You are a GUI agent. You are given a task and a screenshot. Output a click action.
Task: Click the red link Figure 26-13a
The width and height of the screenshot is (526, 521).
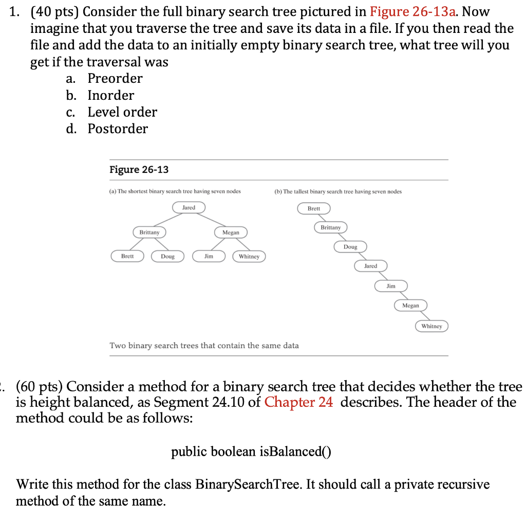click(415, 12)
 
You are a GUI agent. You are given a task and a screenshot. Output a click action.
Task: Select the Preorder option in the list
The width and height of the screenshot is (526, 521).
click(115, 78)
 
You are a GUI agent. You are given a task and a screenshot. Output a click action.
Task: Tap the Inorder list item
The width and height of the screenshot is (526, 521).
click(110, 95)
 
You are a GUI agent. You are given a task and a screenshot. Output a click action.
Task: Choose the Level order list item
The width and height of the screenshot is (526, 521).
click(122, 112)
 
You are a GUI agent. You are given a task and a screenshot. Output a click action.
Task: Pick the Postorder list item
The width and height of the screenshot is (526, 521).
click(118, 129)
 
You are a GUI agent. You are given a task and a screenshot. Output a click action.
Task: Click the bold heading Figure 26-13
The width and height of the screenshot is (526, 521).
click(139, 170)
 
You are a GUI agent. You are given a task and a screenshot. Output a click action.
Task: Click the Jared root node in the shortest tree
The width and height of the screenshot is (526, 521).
click(189, 207)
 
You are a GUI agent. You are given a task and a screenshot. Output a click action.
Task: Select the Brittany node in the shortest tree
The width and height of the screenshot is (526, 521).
click(149, 232)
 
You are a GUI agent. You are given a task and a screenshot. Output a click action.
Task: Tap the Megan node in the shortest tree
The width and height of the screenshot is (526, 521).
click(231, 232)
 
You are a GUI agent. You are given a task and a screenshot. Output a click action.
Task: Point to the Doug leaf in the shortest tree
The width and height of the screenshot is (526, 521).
click(167, 256)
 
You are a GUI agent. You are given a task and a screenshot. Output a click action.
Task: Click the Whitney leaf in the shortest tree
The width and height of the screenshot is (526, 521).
click(249, 256)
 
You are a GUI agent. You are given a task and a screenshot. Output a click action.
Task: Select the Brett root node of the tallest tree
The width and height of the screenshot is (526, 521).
click(313, 208)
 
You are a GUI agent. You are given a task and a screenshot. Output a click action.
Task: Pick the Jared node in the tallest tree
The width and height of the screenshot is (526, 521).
click(370, 266)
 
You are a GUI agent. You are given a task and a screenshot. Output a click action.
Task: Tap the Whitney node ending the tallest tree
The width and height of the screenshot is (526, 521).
click(431, 326)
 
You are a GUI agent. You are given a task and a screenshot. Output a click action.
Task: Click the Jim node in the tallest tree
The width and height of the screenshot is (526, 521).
click(391, 285)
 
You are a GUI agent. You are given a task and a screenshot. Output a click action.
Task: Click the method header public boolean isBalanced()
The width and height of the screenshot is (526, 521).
click(251, 452)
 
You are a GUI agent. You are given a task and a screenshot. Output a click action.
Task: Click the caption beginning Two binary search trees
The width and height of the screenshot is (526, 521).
click(204, 346)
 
